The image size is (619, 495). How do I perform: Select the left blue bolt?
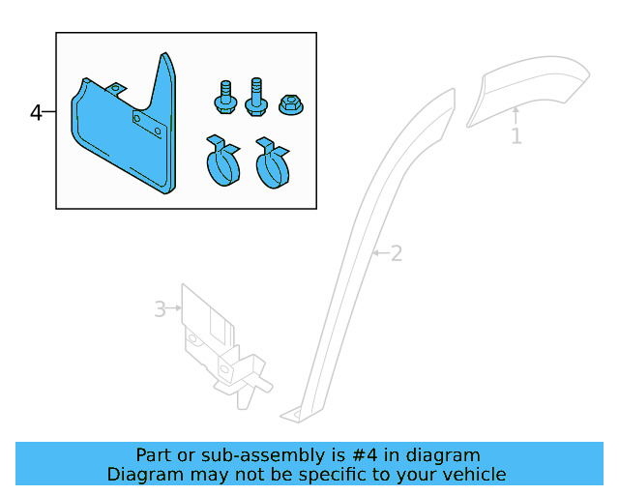click(x=223, y=98)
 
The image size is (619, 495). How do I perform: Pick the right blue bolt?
click(x=257, y=97)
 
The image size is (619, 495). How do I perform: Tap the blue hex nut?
click(x=290, y=103)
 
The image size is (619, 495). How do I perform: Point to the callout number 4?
click(x=36, y=113)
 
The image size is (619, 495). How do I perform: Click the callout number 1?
click(x=516, y=137)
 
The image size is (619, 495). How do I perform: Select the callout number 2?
click(x=396, y=253)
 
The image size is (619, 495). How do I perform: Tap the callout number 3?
click(x=160, y=309)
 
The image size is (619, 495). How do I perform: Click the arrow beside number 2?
click(x=379, y=253)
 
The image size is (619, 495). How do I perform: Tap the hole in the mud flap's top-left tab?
click(x=117, y=89)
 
